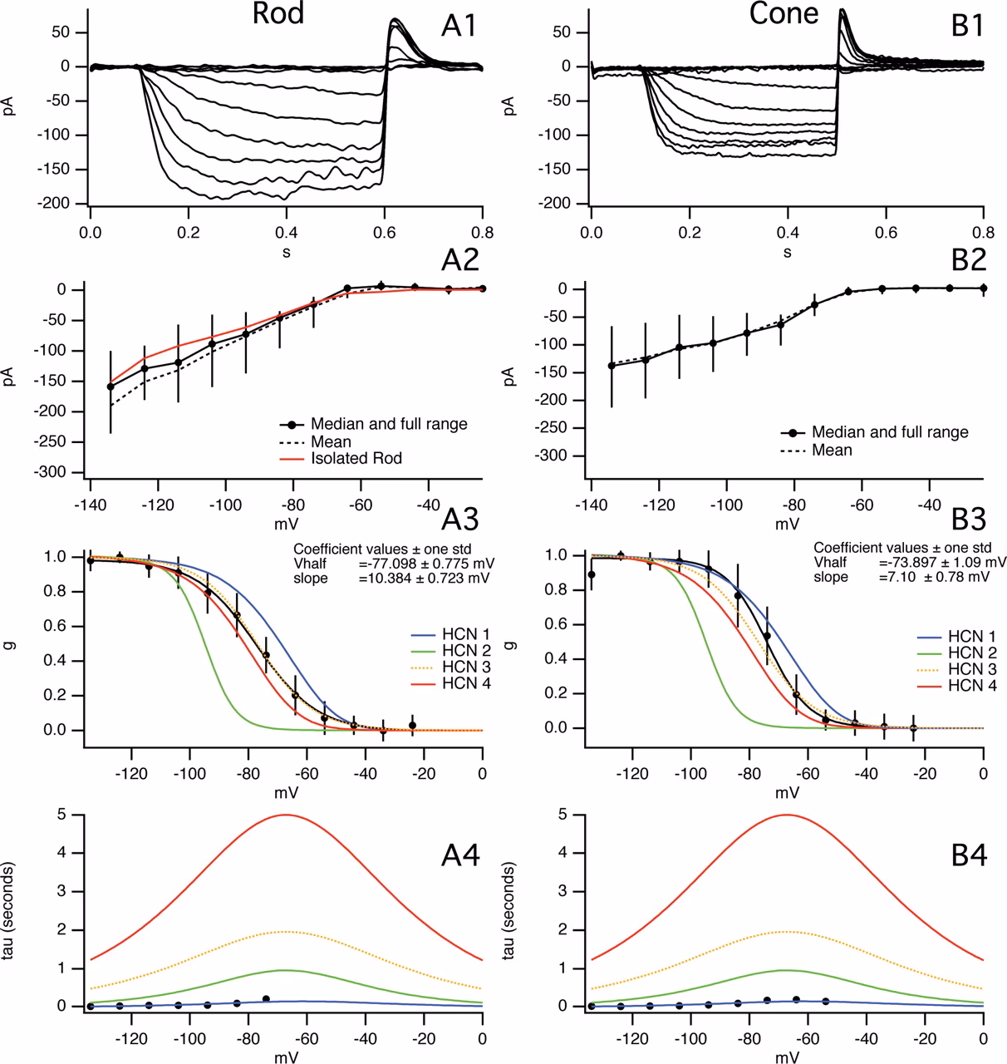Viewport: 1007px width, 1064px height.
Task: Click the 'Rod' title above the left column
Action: [278, 15]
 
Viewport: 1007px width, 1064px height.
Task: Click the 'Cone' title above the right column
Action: [783, 15]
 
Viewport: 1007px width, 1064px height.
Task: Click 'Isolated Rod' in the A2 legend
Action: [356, 458]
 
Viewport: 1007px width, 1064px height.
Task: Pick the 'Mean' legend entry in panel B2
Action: [832, 450]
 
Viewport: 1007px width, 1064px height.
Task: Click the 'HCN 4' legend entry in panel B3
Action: [971, 686]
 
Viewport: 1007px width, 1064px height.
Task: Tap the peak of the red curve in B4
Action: [786, 815]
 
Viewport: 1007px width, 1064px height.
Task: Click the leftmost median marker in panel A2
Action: [111, 387]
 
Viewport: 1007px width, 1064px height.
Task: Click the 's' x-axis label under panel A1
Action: [286, 251]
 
